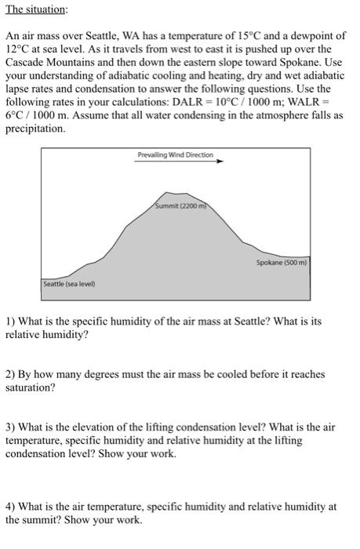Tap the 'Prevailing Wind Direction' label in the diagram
(175, 155)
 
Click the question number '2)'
(11, 375)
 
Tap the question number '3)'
(11, 427)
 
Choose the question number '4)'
(11, 507)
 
